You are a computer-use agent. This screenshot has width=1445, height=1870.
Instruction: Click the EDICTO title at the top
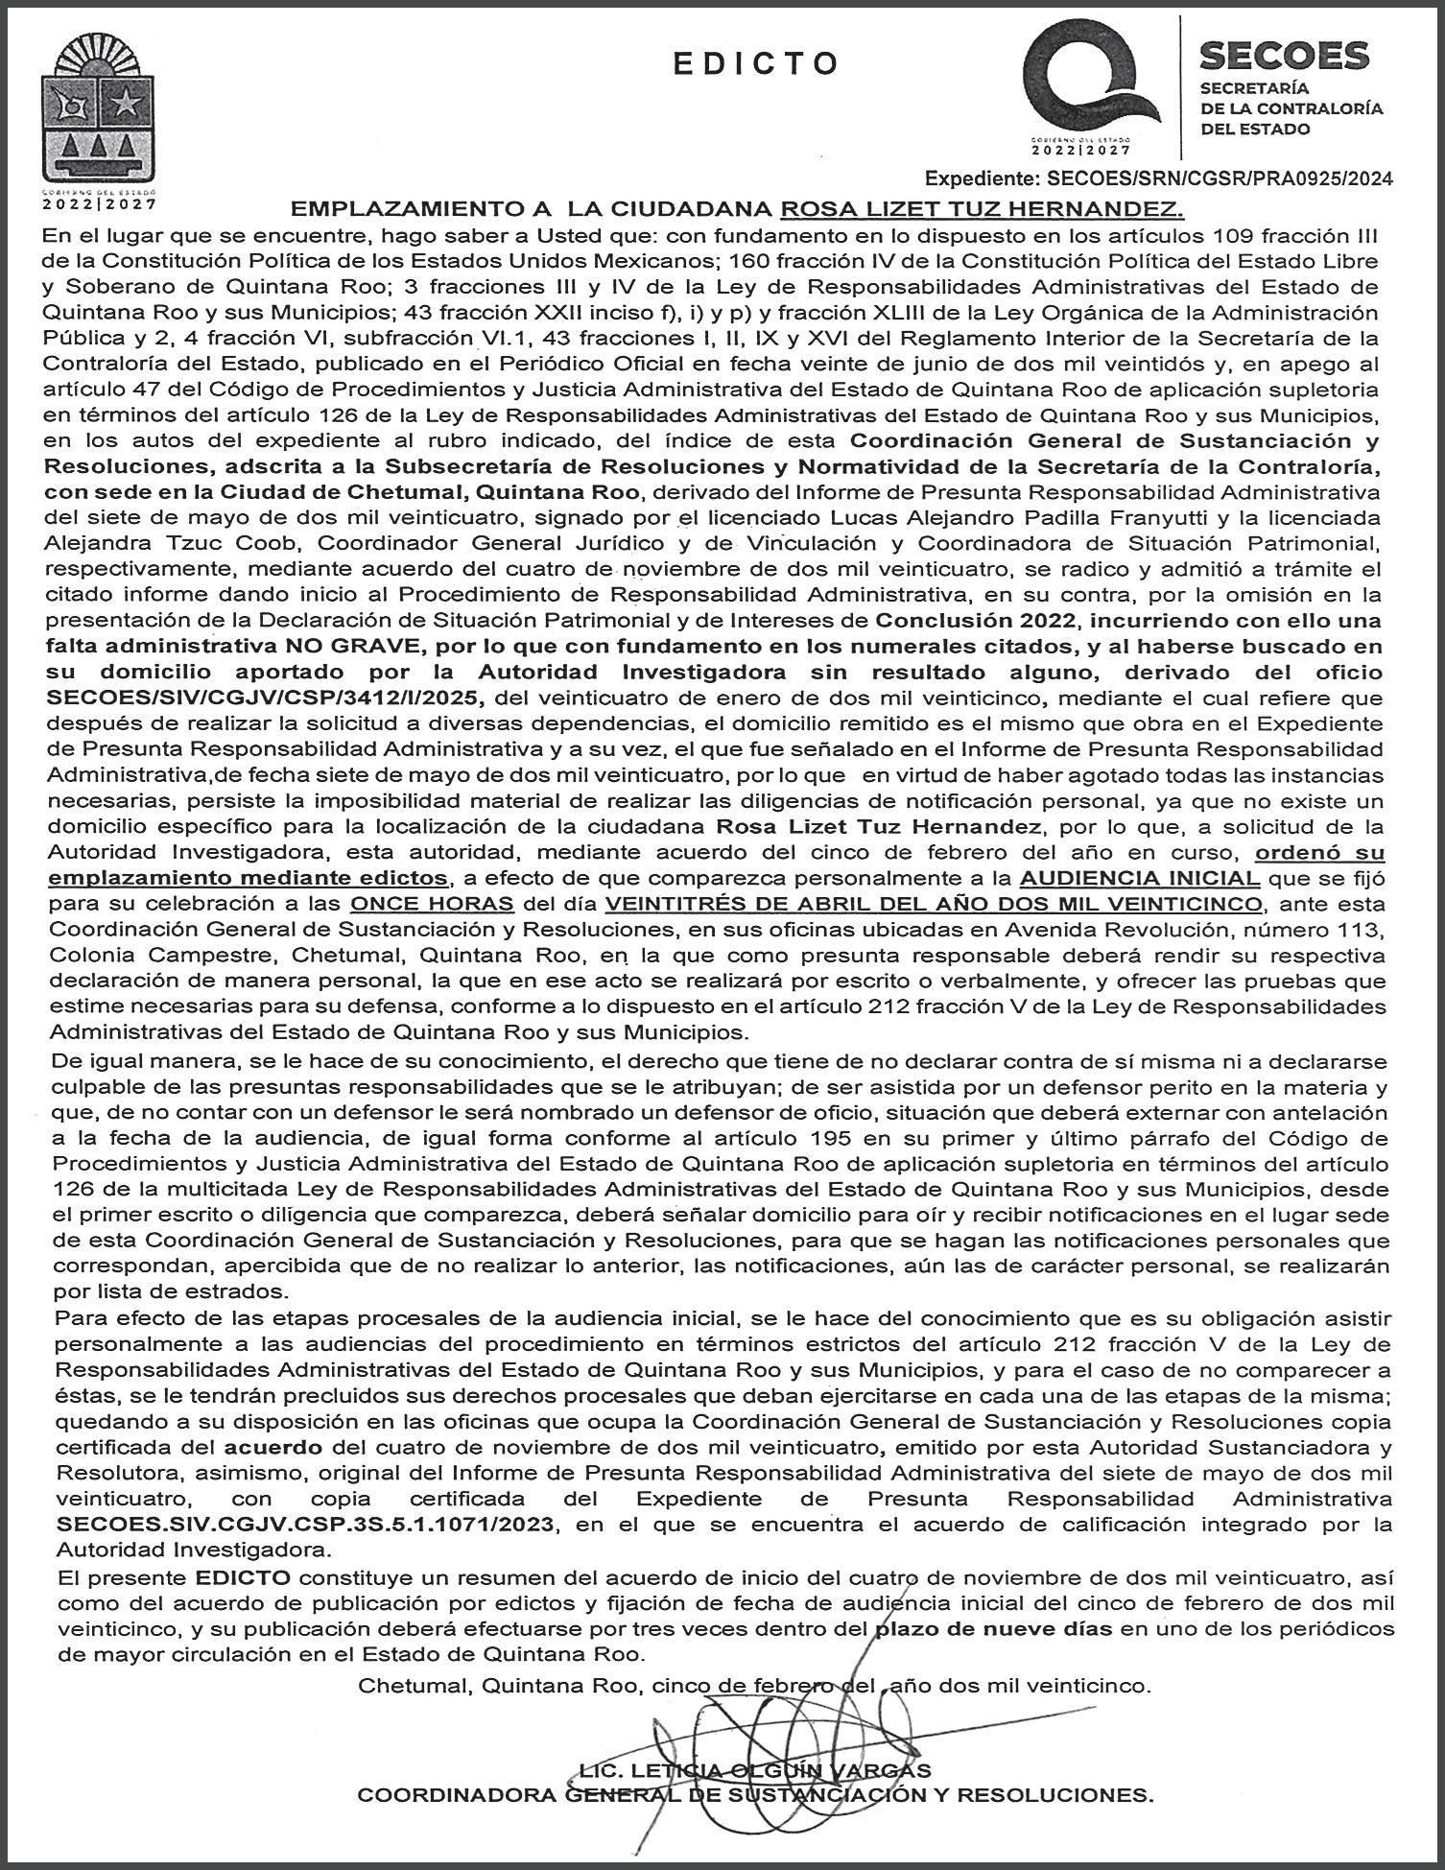pyautogui.click(x=756, y=63)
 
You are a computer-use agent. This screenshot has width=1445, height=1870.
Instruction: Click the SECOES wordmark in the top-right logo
pyautogui.click(x=1285, y=56)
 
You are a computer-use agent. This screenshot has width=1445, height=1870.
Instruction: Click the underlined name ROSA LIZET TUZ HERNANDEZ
pyautogui.click(x=983, y=209)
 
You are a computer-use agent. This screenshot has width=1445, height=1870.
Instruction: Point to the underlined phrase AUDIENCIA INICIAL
pyautogui.click(x=1140, y=878)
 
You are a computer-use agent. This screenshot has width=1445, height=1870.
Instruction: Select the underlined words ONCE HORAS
pyautogui.click(x=433, y=904)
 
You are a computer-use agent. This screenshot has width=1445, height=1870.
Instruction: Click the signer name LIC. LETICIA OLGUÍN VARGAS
pyautogui.click(x=754, y=1769)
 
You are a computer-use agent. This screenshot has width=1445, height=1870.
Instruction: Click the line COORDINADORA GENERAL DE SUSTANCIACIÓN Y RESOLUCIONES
pyautogui.click(x=755, y=1795)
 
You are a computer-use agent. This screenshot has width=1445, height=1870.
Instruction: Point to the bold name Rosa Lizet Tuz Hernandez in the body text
pyautogui.click(x=879, y=826)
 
